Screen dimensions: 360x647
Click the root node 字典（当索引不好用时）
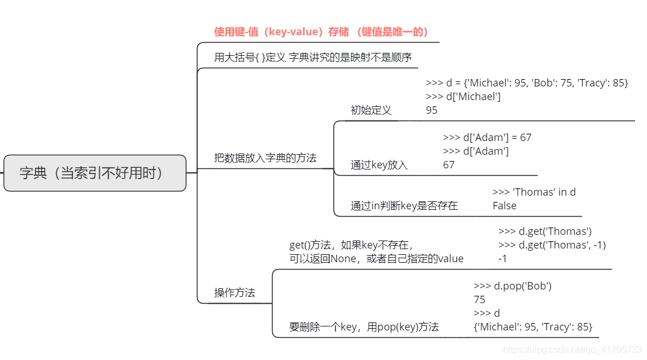[94, 173]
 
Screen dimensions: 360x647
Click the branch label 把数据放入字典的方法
[265, 158]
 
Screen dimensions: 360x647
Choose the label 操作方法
[234, 293]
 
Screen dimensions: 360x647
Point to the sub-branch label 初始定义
[371, 110]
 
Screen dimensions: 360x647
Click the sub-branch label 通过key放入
[379, 165]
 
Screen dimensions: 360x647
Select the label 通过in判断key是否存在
[404, 206]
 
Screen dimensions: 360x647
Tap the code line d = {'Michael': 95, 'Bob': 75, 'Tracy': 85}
[527, 83]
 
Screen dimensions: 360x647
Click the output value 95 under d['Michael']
[432, 110]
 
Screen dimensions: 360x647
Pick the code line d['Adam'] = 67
[487, 138]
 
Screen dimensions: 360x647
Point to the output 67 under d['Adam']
[449, 165]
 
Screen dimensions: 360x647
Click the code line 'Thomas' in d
[534, 192]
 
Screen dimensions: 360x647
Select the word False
[505, 206]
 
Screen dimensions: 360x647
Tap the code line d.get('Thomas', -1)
[552, 245]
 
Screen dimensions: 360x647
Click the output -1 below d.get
[502, 259]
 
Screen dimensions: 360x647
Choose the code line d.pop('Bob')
[513, 286]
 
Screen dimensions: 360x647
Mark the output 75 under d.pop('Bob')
[479, 300]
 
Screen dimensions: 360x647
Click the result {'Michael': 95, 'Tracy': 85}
[533, 327]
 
